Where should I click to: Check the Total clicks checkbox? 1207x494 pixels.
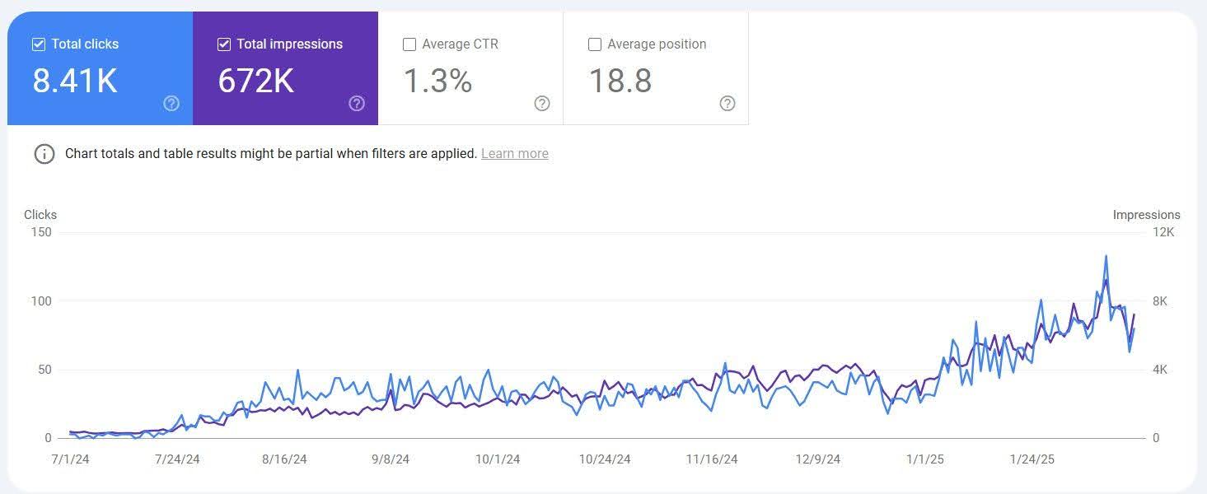(x=39, y=44)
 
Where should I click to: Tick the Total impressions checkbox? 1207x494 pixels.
(x=224, y=44)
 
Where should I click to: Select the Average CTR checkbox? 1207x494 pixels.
(x=409, y=44)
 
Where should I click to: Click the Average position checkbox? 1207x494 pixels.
(x=595, y=44)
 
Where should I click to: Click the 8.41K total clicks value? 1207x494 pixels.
(x=75, y=81)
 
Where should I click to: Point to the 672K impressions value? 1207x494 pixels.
(x=256, y=81)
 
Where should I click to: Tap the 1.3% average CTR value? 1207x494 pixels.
(x=437, y=81)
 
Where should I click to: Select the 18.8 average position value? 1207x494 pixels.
(x=620, y=81)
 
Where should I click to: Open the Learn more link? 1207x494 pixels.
(x=514, y=154)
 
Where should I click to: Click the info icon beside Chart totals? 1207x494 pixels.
(x=44, y=154)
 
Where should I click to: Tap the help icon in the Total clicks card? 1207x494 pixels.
(x=171, y=103)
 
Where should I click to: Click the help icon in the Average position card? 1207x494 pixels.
(x=727, y=103)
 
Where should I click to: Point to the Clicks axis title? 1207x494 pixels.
(x=40, y=215)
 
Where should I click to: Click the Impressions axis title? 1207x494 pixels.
(x=1146, y=215)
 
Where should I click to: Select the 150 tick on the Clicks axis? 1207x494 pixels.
(x=41, y=232)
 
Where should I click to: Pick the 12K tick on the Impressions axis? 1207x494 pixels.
(x=1163, y=232)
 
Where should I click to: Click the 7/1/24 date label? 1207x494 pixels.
(x=70, y=459)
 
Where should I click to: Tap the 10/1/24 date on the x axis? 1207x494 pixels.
(x=498, y=459)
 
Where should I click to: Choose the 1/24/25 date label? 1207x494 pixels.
(x=1032, y=459)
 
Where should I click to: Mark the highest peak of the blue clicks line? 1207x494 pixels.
(x=1106, y=256)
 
